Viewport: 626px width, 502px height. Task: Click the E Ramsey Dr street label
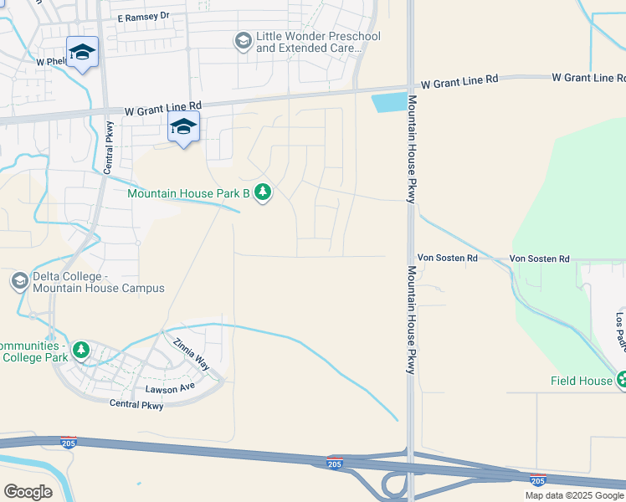[143, 16]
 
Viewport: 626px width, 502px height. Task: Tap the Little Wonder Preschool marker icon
[243, 42]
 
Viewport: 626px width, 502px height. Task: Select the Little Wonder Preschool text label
[318, 43]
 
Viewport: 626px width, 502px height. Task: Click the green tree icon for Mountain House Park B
[263, 193]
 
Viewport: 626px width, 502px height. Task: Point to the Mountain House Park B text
[188, 193]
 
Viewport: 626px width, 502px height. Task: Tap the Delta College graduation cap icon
[20, 281]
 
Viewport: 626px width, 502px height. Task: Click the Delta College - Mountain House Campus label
[98, 283]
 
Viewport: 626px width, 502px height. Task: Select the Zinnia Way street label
[192, 356]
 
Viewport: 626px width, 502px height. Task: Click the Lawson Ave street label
[170, 388]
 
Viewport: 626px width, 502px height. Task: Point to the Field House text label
[581, 381]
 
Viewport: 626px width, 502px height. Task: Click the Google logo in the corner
[28, 491]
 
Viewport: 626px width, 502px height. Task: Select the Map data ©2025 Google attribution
[574, 495]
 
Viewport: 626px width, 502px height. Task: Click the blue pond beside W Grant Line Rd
[388, 103]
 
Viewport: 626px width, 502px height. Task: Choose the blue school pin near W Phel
[83, 53]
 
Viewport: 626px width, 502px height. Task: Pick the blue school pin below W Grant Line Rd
[183, 127]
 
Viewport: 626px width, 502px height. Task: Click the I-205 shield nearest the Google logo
[69, 442]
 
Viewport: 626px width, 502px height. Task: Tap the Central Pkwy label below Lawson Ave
[136, 404]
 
